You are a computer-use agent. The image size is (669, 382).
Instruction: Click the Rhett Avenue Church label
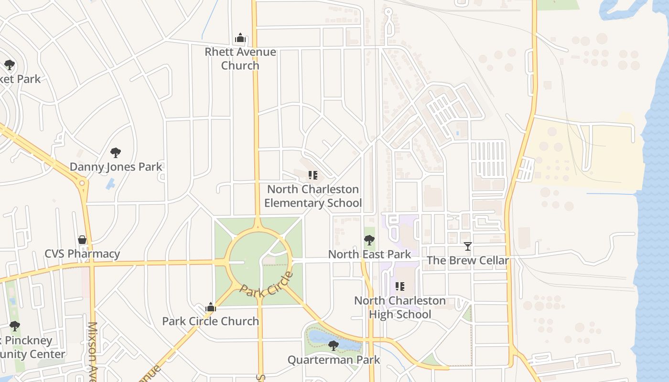(x=240, y=59)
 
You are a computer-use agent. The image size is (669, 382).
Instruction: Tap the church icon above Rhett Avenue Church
(x=240, y=38)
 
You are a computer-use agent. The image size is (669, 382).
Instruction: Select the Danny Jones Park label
(x=116, y=167)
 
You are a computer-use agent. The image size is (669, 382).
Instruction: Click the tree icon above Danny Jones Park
(x=116, y=153)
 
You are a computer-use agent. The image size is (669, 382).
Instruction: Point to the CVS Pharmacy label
(x=82, y=254)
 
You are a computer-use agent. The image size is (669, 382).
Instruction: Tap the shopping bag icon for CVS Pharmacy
(x=82, y=239)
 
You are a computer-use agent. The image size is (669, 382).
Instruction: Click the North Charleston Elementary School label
(x=313, y=196)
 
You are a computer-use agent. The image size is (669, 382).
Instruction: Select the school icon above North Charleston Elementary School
(x=313, y=175)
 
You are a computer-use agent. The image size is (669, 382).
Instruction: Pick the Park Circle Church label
(x=210, y=321)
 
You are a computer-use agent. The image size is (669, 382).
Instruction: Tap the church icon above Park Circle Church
(x=210, y=308)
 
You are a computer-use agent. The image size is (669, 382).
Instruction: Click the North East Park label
(x=369, y=255)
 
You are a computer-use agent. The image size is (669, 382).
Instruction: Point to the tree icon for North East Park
(x=369, y=240)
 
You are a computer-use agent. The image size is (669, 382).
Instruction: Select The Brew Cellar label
(x=467, y=261)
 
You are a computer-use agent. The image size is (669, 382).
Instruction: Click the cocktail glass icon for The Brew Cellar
(x=468, y=246)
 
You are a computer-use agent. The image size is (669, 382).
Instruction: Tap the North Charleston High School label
(x=400, y=308)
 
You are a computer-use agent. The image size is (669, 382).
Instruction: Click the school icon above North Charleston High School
(x=400, y=286)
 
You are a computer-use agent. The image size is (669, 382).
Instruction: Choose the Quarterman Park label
(x=334, y=360)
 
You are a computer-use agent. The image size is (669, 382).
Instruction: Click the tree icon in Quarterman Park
(x=334, y=345)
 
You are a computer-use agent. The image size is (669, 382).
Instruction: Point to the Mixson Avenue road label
(x=92, y=351)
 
